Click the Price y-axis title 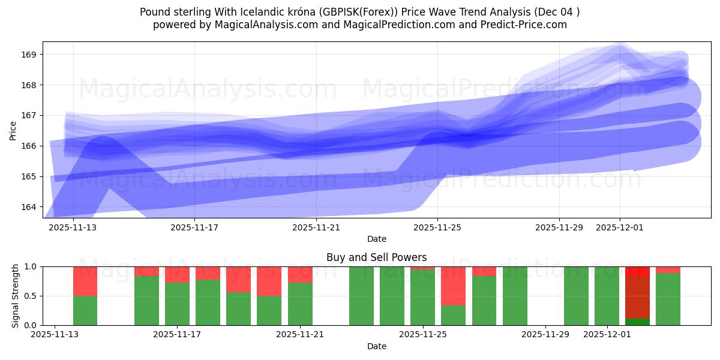point(13,130)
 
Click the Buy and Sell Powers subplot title point(376,257)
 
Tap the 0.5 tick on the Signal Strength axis point(31,296)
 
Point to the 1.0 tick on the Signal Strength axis point(31,267)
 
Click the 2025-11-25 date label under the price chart point(437,227)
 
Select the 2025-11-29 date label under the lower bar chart point(545,335)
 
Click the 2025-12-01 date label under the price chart point(620,227)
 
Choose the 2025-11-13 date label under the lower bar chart point(55,335)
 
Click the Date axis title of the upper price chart point(376,239)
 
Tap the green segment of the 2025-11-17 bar point(177,304)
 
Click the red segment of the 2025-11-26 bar point(453,286)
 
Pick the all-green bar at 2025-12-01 point(607,296)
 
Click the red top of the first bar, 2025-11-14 point(85,281)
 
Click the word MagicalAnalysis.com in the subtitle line point(262,25)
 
